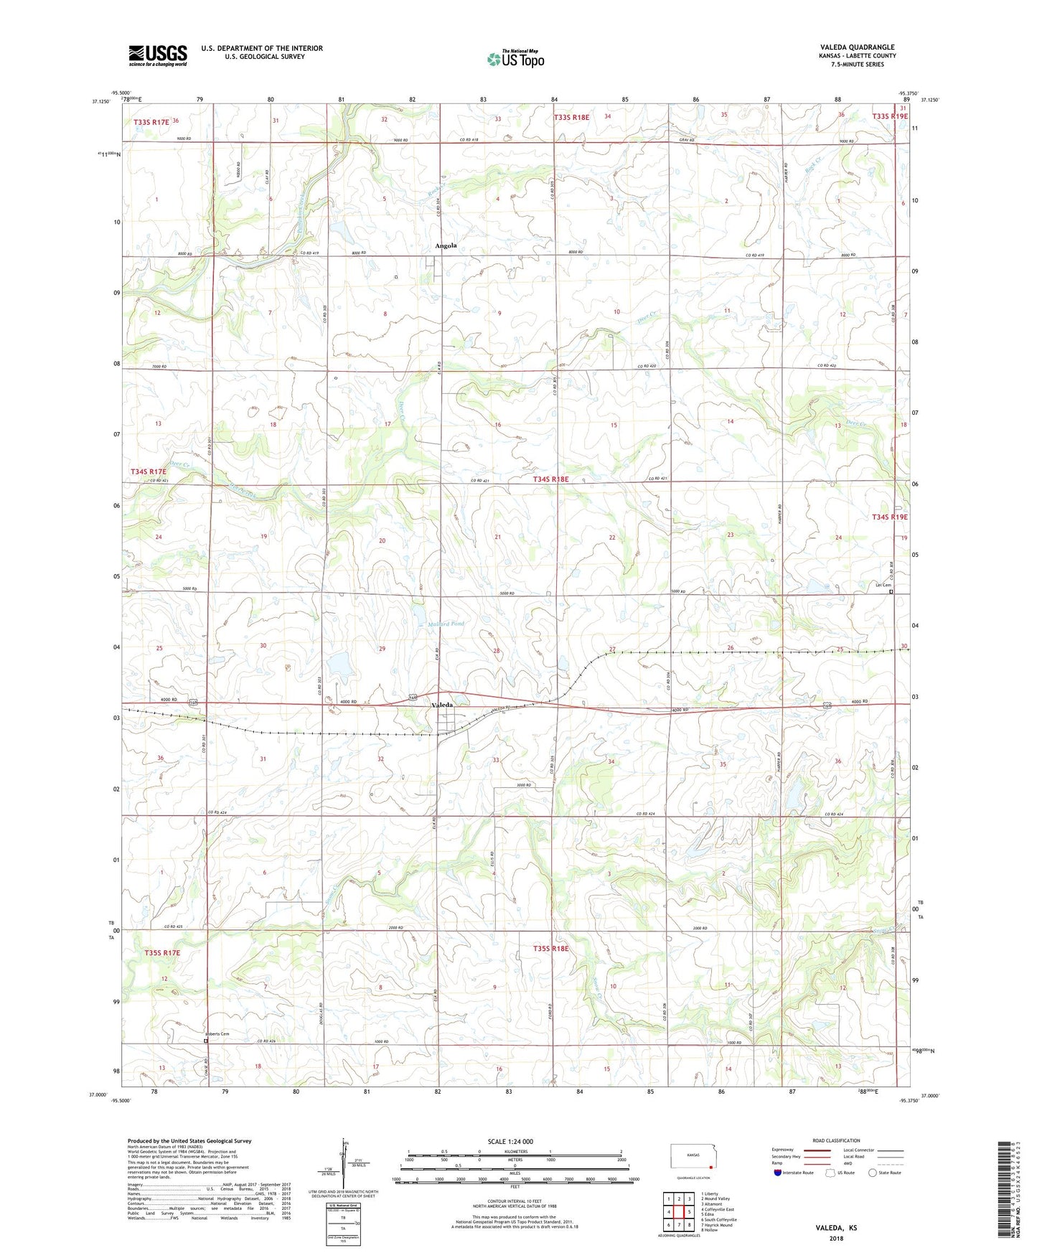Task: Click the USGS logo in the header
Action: [158, 55]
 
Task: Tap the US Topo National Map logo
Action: [516, 58]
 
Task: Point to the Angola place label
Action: [446, 245]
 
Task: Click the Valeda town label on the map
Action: [442, 705]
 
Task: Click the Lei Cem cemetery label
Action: [882, 585]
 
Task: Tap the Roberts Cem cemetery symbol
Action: [205, 1040]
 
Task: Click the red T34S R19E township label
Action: [890, 517]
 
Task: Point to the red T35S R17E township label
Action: [162, 953]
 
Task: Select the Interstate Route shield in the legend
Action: [778, 1173]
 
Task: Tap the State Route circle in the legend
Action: [873, 1173]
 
